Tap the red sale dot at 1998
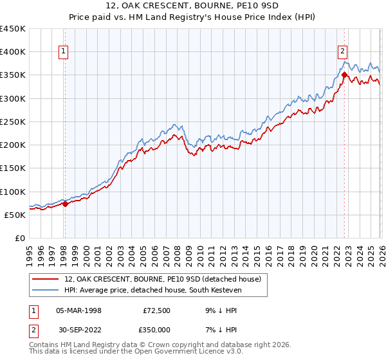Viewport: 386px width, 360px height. click(x=65, y=204)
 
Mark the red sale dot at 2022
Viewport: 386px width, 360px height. click(x=344, y=75)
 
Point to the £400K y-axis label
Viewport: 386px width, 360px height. click(x=13, y=52)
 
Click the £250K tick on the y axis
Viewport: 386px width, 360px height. click(x=13, y=122)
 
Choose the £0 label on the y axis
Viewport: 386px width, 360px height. click(x=19, y=238)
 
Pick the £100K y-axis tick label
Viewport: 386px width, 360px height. click(x=13, y=192)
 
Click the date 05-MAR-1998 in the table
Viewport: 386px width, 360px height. click(x=78, y=310)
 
